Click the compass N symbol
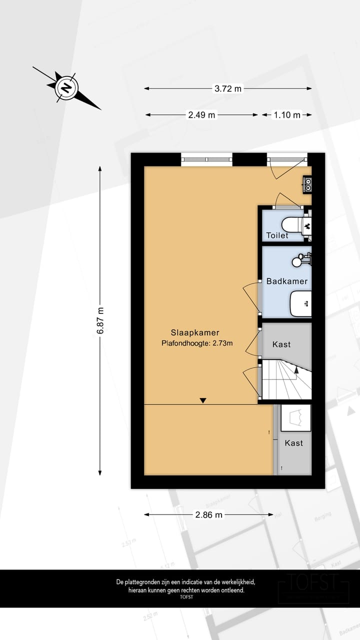(x=65, y=88)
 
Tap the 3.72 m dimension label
(x=227, y=88)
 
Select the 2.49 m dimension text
(x=201, y=115)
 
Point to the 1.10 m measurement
(x=287, y=115)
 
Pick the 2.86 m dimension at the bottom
(x=209, y=514)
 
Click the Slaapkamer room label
(x=195, y=332)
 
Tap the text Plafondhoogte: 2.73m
(x=197, y=343)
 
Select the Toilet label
(x=277, y=235)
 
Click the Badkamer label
(x=286, y=281)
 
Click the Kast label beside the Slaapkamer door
(x=281, y=344)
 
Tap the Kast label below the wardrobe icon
(x=293, y=443)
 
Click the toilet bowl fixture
(x=295, y=224)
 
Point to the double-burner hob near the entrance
(x=307, y=184)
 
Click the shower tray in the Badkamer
(x=301, y=303)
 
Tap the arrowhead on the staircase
(x=296, y=370)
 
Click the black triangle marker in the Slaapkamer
(x=202, y=400)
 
